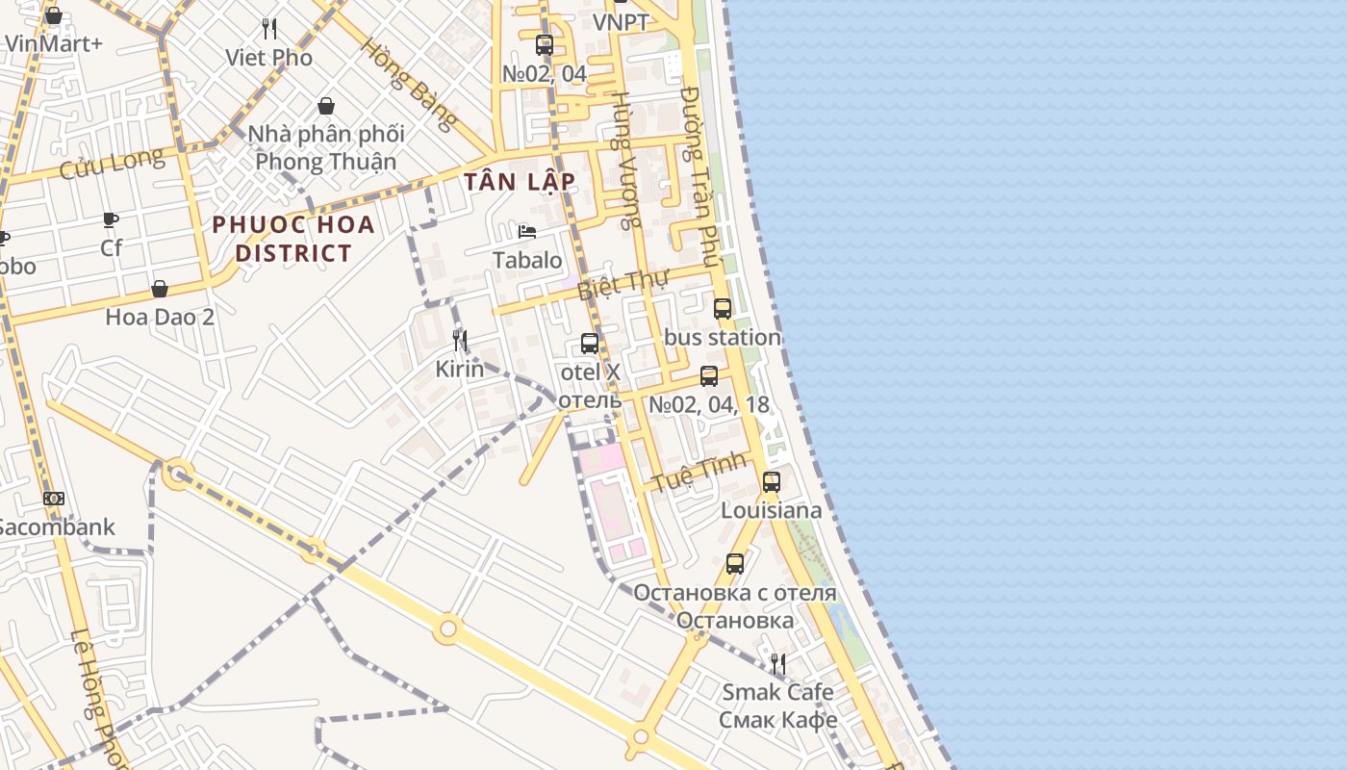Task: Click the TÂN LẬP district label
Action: [519, 182]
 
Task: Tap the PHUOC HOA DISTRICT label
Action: [293, 240]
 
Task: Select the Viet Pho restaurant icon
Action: [269, 29]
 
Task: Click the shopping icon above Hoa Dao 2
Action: [160, 289]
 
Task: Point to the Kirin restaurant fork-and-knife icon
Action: [460, 340]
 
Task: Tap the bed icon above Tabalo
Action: [527, 231]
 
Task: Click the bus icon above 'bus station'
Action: [723, 309]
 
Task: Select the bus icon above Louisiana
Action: [772, 482]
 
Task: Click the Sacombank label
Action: [56, 527]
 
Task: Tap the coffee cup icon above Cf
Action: [112, 219]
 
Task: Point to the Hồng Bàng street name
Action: [410, 85]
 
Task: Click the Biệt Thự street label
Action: [623, 285]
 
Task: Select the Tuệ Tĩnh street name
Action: [699, 471]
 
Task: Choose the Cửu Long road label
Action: [112, 164]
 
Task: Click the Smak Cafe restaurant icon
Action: [778, 663]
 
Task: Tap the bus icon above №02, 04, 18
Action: [709, 376]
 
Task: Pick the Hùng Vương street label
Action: [626, 160]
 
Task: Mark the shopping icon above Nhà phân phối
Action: [326, 106]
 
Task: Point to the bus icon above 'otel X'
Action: [590, 344]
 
